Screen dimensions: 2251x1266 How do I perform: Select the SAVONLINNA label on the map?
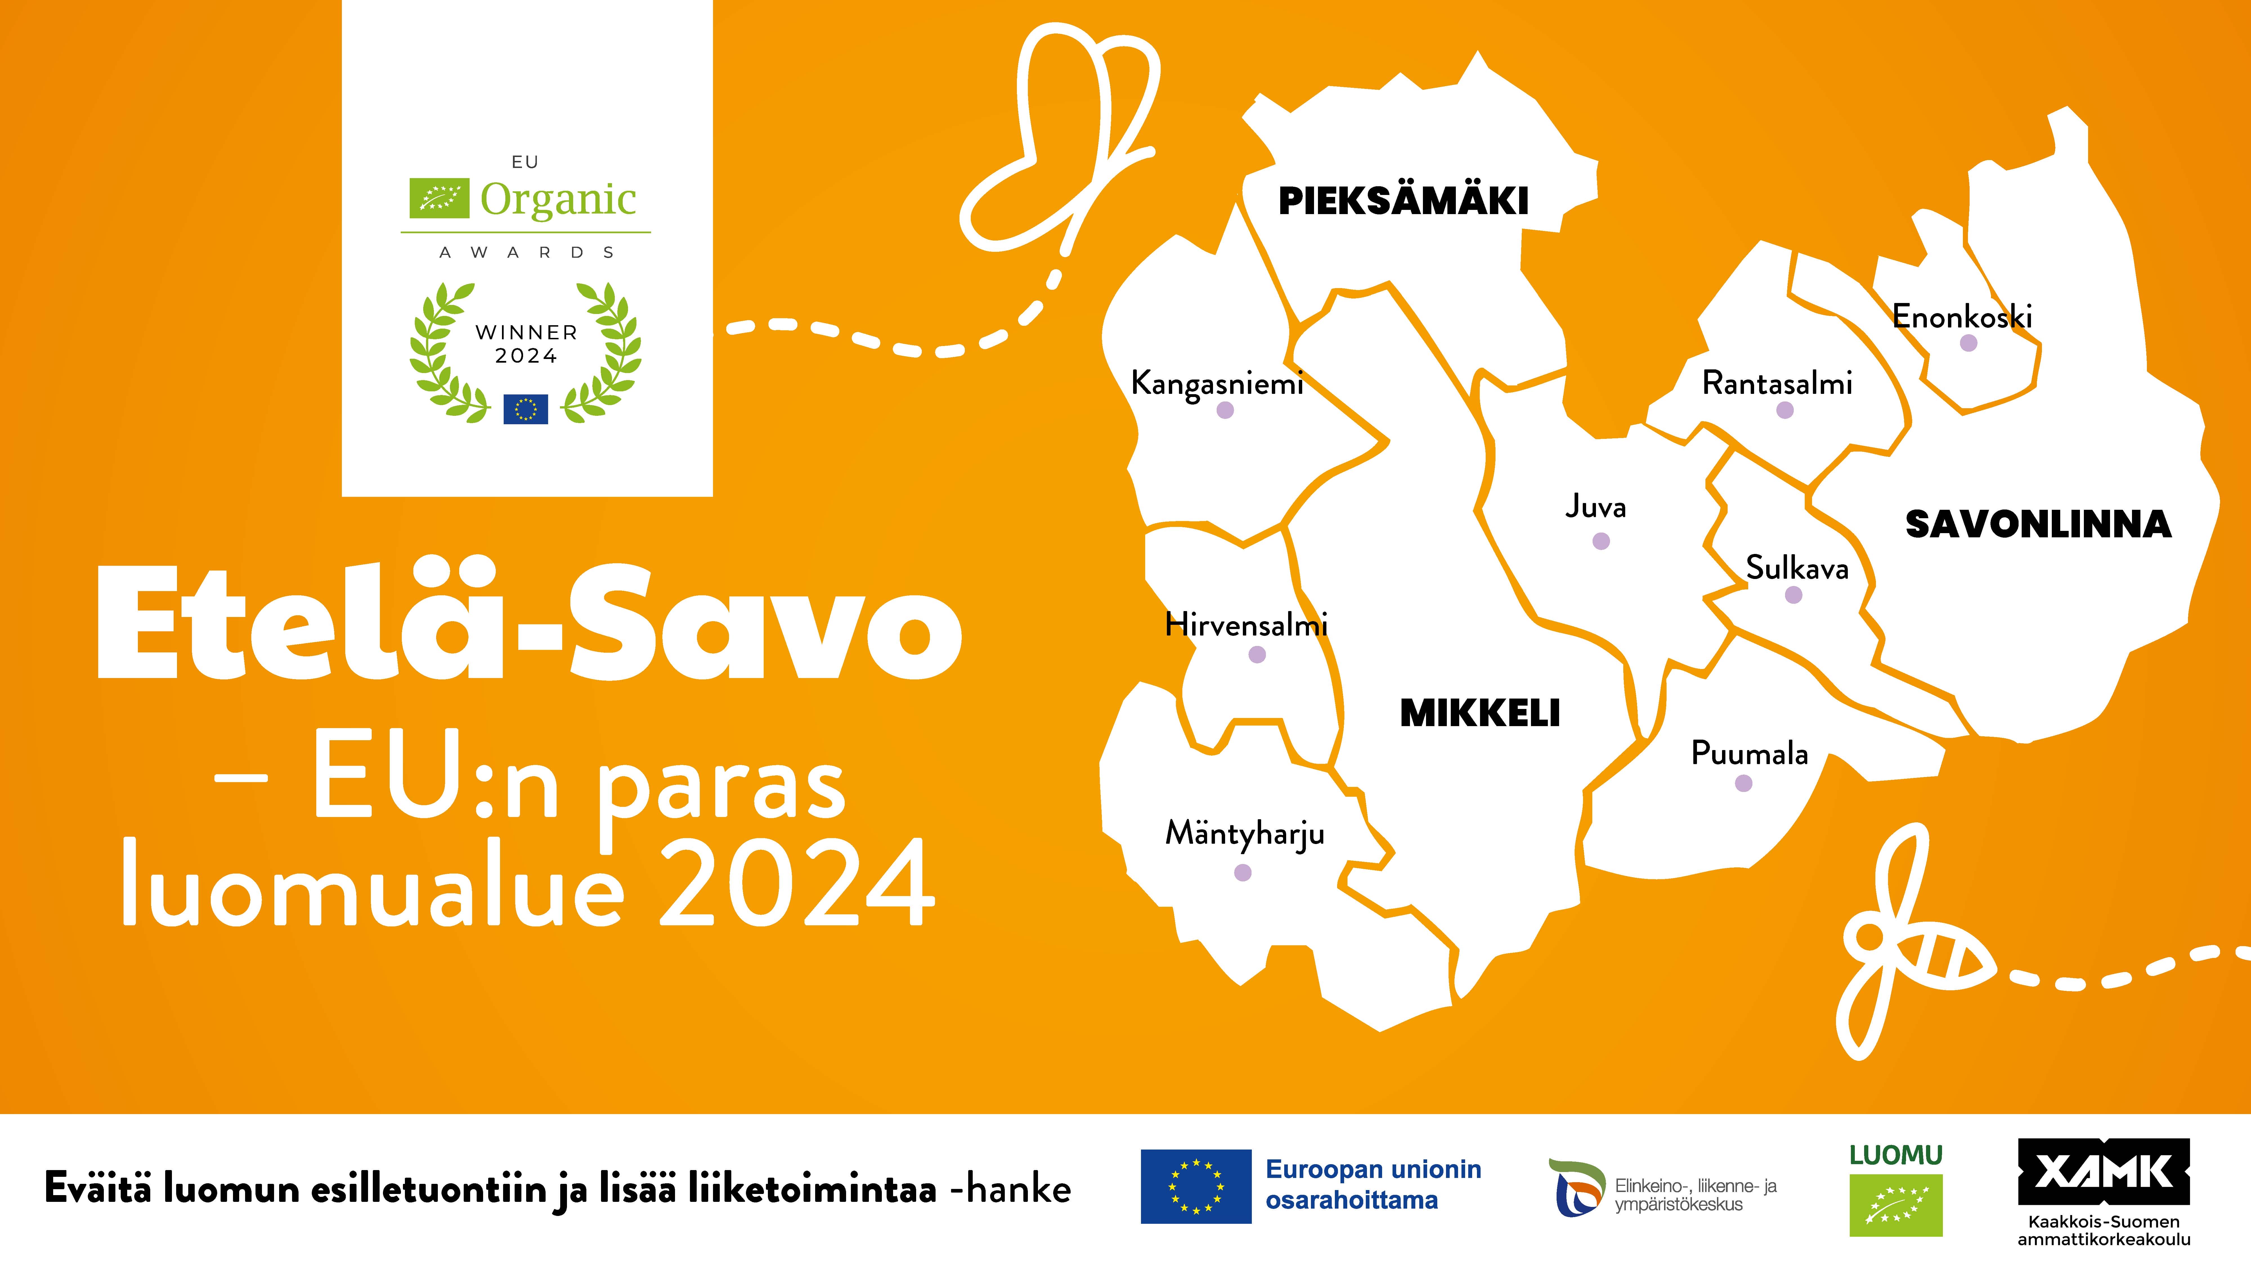(2038, 524)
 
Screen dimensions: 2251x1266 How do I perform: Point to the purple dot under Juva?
(1601, 542)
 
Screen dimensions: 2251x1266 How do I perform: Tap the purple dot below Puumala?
(1743, 784)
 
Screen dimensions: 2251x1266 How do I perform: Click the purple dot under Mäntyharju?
(1243, 872)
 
